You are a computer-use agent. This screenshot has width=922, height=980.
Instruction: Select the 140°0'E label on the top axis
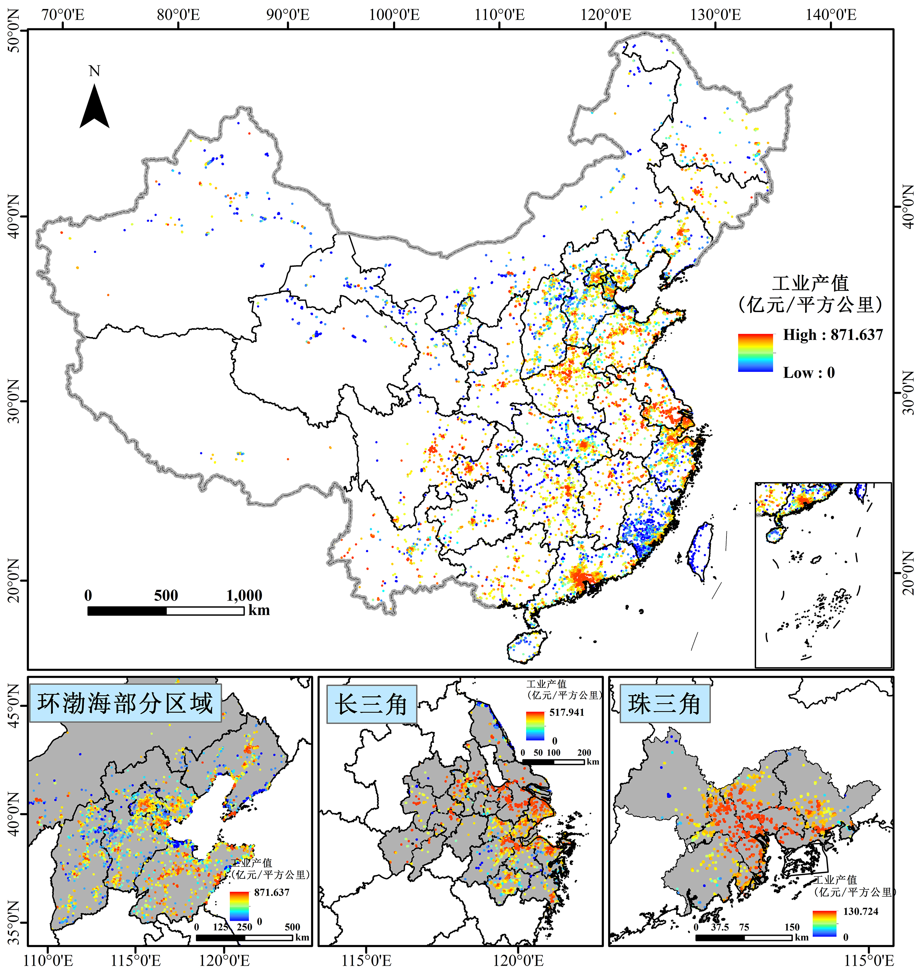(831, 14)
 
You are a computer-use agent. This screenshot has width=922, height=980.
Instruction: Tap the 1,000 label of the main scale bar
(244, 595)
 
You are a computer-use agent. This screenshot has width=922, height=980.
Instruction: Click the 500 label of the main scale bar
(166, 595)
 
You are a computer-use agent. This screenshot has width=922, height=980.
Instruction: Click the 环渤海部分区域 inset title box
(125, 703)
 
